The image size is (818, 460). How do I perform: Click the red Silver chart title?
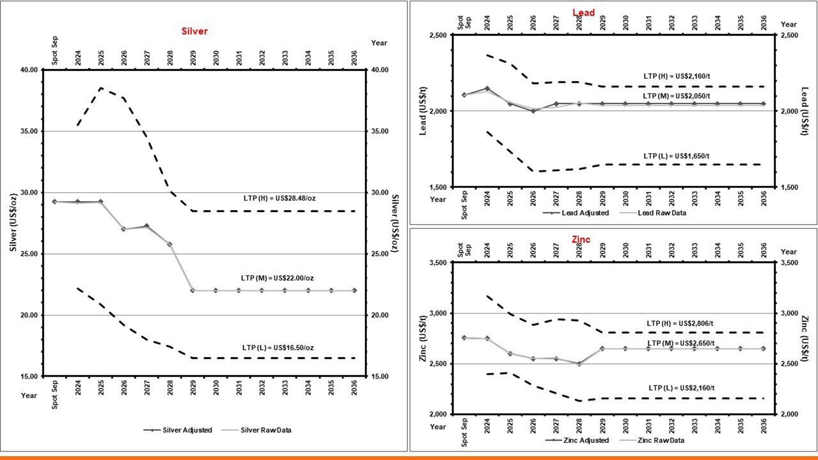tap(194, 31)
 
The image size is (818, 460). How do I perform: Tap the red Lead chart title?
tap(583, 13)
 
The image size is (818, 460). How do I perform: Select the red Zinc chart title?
tap(581, 240)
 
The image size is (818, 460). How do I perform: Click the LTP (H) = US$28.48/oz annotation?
tap(280, 199)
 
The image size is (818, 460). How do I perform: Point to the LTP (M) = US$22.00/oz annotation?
tap(277, 278)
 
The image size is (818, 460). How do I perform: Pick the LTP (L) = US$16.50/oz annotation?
tap(278, 348)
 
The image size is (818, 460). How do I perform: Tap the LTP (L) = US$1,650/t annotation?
tap(676, 156)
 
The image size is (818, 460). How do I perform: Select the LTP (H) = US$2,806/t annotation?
tap(680, 323)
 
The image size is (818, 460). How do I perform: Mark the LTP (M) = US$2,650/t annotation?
tap(681, 343)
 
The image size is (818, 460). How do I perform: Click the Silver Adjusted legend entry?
tap(178, 430)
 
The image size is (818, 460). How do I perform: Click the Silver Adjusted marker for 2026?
tap(124, 229)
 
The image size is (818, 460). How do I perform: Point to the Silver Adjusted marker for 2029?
tap(193, 291)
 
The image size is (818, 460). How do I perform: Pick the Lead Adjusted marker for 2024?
tap(487, 88)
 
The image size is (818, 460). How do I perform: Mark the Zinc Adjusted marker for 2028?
tap(579, 364)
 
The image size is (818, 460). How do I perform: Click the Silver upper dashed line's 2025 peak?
tap(101, 88)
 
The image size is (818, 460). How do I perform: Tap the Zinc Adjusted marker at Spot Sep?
tap(464, 338)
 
